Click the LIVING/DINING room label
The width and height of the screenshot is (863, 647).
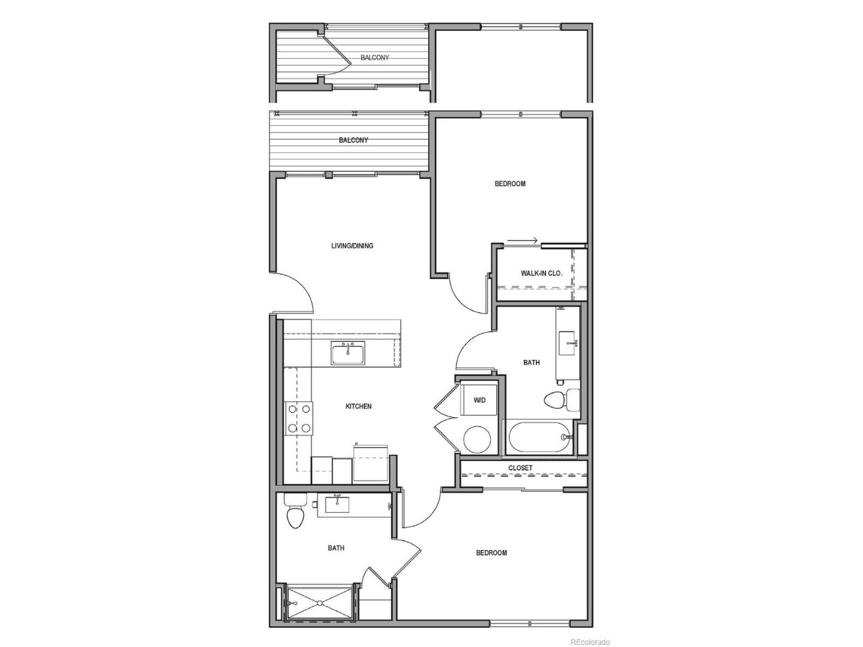coord(352,246)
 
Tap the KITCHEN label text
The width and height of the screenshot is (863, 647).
coord(358,406)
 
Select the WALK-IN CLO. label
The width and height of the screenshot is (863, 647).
coord(541,273)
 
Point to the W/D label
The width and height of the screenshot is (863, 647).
coord(479,400)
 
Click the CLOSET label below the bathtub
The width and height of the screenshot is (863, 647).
coord(520,468)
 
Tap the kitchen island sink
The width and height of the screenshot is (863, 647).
coord(347,352)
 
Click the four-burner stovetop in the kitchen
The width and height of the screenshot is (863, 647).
coord(299,419)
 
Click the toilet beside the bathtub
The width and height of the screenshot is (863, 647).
coord(562,400)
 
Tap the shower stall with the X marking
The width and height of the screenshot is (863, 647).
coord(320,603)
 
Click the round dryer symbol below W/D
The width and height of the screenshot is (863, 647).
coord(477,439)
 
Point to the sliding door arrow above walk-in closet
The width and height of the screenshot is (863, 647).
coord(522,241)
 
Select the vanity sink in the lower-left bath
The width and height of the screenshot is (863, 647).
coord(337,504)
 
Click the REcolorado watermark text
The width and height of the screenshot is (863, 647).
coord(590,642)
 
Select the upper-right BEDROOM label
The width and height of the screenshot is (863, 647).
coord(510,183)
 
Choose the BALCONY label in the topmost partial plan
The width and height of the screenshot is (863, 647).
coord(375,57)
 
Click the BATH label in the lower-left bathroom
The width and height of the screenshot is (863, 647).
coord(336,548)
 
